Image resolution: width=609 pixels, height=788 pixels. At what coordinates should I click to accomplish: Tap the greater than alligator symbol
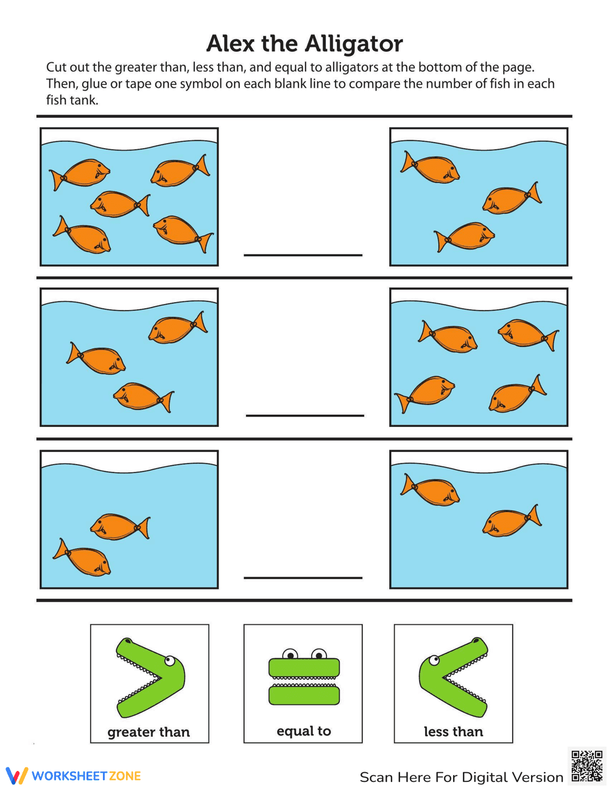tap(150, 677)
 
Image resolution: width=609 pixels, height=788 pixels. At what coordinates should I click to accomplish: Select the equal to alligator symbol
tap(303, 680)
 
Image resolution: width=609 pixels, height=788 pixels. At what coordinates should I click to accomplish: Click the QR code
tap(587, 765)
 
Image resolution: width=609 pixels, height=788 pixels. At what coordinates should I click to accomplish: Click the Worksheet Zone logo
tap(74, 776)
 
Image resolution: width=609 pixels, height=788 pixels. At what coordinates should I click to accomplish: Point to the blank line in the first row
tap(303, 255)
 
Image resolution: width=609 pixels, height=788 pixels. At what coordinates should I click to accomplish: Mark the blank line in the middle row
tap(304, 415)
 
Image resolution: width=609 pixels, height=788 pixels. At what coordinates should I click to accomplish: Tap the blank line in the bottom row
tap(303, 577)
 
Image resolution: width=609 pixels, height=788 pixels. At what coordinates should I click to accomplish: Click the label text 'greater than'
tap(149, 732)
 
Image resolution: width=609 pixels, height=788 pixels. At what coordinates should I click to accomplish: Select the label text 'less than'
tap(453, 731)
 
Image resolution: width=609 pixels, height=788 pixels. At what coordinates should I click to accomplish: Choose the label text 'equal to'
tap(303, 731)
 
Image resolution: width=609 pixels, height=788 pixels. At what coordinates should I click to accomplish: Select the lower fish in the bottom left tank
tap(82, 557)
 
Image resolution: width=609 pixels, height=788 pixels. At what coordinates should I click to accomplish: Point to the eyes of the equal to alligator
tap(304, 655)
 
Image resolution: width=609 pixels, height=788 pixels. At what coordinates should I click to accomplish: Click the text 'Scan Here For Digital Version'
tap(461, 777)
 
